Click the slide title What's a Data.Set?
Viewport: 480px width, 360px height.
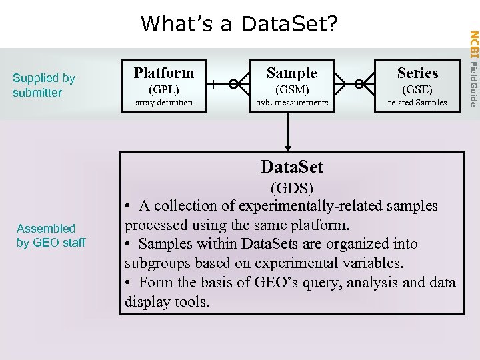239,24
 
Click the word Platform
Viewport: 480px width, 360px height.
164,73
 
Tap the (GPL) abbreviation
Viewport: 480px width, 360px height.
164,89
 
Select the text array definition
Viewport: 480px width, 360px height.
164,102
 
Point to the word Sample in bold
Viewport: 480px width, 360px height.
292,73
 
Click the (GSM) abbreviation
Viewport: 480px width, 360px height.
292,89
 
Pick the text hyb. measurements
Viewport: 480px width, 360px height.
292,102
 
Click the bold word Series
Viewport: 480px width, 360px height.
417,73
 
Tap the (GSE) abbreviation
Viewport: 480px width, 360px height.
417,89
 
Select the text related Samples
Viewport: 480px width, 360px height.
417,102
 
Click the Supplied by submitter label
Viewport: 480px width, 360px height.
44,85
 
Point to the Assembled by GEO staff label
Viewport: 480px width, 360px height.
51,235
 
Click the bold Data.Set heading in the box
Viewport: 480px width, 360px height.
291,166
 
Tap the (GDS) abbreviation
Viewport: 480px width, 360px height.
291,187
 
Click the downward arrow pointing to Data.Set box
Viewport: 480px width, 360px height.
289,133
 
